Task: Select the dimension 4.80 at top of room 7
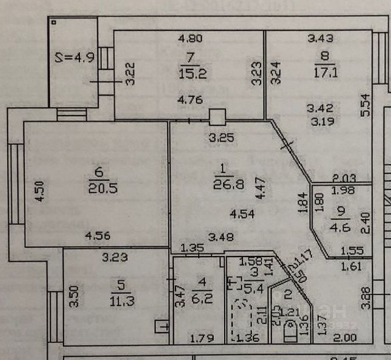(191, 39)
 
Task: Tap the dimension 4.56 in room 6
(98, 235)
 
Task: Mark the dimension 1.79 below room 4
(201, 339)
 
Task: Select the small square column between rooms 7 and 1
(217, 117)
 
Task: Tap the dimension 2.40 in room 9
(365, 224)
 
